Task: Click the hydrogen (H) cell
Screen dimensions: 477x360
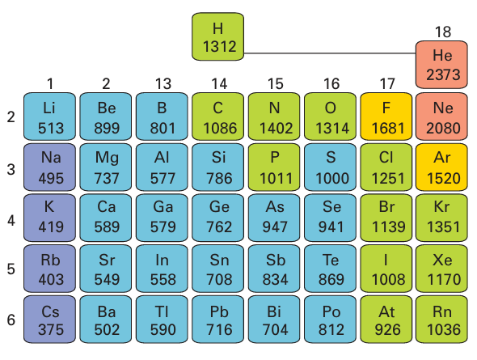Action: [217, 36]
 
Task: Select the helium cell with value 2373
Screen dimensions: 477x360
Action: [441, 65]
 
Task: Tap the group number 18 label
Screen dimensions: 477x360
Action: [442, 32]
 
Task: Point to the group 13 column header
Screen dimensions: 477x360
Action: [163, 83]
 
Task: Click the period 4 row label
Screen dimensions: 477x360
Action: [11, 220]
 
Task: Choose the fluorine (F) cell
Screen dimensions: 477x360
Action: [386, 116]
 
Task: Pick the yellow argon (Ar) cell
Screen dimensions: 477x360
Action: [441, 167]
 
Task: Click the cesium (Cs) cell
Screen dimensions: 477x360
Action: [49, 320]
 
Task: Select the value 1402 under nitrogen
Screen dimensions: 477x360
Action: [276, 128]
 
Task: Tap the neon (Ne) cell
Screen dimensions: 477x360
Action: [441, 116]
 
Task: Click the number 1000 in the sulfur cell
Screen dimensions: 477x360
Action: [332, 178]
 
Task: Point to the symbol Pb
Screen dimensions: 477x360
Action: [218, 311]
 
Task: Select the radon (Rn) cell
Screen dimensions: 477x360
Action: [441, 320]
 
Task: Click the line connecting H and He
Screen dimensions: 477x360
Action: [330, 53]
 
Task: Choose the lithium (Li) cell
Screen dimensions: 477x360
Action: [49, 116]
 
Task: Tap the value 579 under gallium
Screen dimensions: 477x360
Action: [163, 227]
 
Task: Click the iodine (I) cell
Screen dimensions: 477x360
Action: [386, 269]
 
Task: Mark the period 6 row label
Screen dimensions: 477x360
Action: [11, 320]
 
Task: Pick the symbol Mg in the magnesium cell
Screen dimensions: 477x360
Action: [107, 159]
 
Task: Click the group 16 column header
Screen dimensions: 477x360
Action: [331, 83]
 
